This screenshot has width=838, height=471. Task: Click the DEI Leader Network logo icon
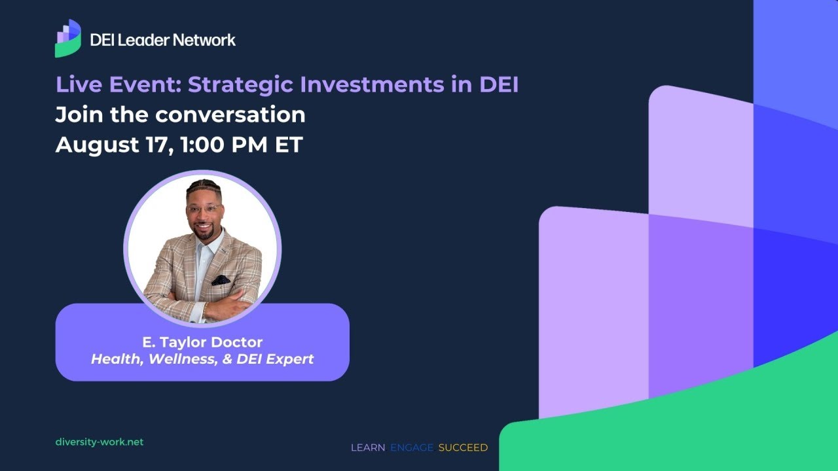pyautogui.click(x=68, y=39)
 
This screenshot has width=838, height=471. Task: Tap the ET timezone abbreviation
pyautogui.click(x=288, y=145)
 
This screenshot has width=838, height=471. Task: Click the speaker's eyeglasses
pyautogui.click(x=203, y=209)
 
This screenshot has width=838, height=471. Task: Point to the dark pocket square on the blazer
pyautogui.click(x=221, y=280)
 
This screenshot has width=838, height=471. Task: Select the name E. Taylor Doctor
pyautogui.click(x=202, y=342)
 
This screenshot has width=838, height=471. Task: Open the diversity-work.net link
pyautogui.click(x=100, y=442)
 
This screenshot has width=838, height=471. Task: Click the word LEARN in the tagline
pyautogui.click(x=368, y=447)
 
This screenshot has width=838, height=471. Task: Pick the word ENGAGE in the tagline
pyautogui.click(x=412, y=447)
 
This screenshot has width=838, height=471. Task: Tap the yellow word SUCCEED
pyautogui.click(x=463, y=447)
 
